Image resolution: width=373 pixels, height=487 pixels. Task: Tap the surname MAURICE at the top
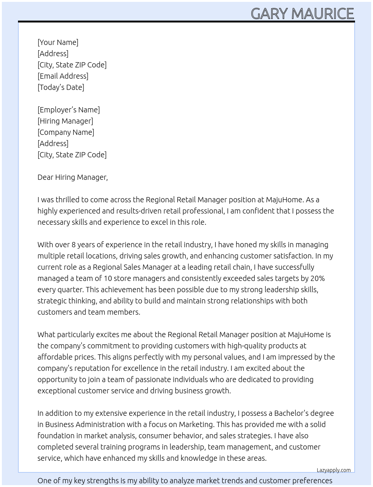pyautogui.click(x=322, y=14)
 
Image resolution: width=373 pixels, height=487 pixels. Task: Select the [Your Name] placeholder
pyautogui.click(x=58, y=42)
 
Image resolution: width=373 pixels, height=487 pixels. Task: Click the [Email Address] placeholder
pyautogui.click(x=63, y=76)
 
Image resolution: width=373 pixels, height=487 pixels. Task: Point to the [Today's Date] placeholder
pyautogui.click(x=61, y=87)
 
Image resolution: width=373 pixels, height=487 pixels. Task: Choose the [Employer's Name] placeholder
pyautogui.click(x=69, y=110)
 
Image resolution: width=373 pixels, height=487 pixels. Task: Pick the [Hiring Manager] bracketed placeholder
pyautogui.click(x=65, y=121)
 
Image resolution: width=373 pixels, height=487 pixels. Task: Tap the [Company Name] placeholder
pyautogui.click(x=66, y=132)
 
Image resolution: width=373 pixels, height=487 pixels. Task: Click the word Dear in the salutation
pyautogui.click(x=45, y=177)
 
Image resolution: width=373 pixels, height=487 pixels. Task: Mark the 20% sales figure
pyautogui.click(x=317, y=278)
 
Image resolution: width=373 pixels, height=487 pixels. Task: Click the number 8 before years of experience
pyautogui.click(x=74, y=245)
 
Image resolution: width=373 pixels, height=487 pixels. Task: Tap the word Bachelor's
pyautogui.click(x=291, y=413)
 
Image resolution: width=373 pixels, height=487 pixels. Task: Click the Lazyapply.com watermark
pyautogui.click(x=334, y=470)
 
